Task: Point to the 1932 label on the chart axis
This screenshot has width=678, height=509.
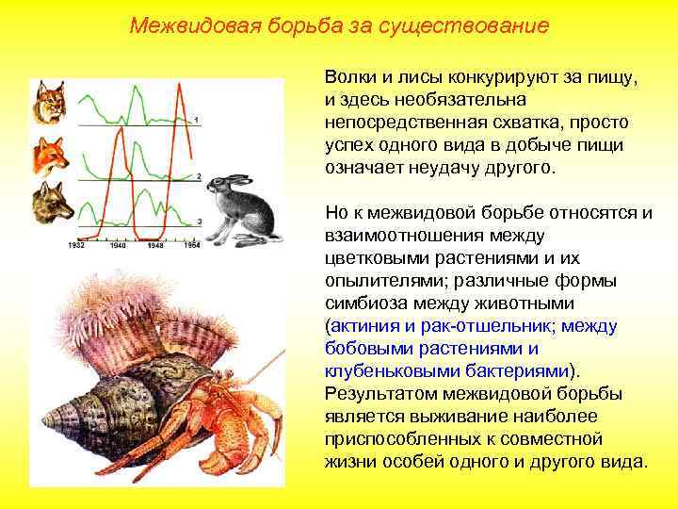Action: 79,245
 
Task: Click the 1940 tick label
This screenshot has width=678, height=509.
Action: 118,245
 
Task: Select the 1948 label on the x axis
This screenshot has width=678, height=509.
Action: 156,245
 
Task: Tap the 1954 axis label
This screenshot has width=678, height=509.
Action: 192,245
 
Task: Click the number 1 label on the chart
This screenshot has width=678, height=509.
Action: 197,119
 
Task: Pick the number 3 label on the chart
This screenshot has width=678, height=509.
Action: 199,221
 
